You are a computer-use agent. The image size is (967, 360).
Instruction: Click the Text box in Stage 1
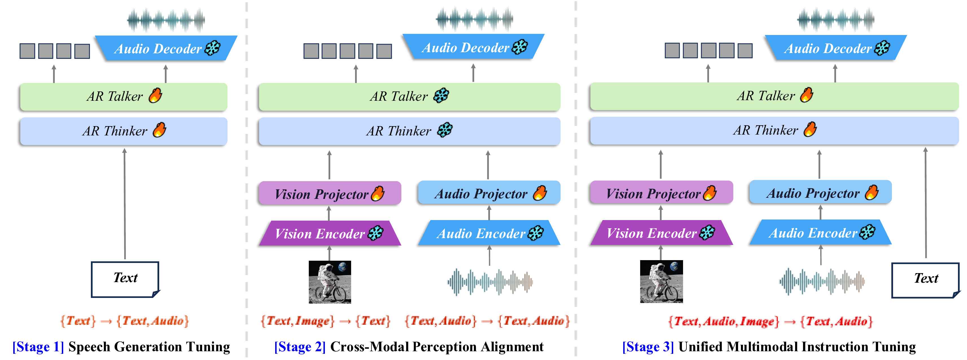tap(125, 279)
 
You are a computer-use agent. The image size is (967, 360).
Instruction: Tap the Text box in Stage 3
tap(926, 280)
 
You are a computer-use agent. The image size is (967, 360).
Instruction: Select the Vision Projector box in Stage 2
tap(330, 193)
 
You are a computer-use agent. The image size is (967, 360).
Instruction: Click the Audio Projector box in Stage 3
tap(820, 193)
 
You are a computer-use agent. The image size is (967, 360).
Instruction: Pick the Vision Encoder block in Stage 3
tap(661, 233)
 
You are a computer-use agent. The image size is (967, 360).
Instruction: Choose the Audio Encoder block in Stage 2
tap(489, 233)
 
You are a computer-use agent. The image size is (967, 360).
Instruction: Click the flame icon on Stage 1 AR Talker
tap(155, 95)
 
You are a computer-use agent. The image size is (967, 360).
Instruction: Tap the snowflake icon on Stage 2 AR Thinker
tap(445, 130)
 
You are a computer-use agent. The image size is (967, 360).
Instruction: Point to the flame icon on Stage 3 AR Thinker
tap(810, 129)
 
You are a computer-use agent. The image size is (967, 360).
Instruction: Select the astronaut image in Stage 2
tap(330, 282)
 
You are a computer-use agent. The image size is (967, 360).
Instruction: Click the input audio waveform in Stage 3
tap(822, 281)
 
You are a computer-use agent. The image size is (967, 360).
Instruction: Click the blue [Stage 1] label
tap(38, 346)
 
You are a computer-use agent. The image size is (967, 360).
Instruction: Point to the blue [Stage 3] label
tap(648, 346)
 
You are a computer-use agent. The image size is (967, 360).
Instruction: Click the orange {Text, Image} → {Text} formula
tap(325, 321)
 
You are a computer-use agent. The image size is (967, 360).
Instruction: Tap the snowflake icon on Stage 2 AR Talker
tap(441, 95)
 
